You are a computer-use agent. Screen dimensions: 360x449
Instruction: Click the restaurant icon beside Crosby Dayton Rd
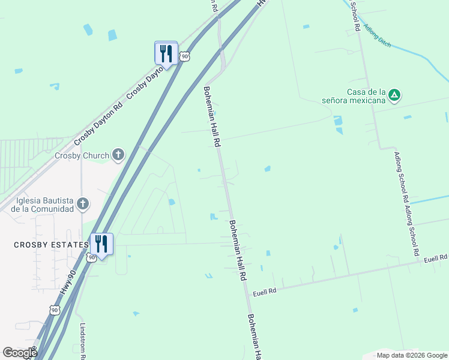(166, 53)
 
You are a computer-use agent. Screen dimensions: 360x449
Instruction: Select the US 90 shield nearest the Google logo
(55, 310)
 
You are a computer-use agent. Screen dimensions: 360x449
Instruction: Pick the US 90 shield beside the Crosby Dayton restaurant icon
(185, 56)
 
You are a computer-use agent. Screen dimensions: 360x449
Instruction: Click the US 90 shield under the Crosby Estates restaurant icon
(91, 257)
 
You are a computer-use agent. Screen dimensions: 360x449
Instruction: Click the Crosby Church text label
(82, 155)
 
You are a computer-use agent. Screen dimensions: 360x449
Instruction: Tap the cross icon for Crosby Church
(118, 155)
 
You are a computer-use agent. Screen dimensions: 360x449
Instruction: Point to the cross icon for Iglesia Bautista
(83, 205)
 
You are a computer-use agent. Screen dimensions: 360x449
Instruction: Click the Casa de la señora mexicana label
(365, 96)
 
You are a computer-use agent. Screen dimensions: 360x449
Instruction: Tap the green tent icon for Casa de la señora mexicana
(394, 94)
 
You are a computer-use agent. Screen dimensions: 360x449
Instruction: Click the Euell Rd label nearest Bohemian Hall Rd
(264, 292)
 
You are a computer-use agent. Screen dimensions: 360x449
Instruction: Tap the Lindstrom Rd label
(83, 341)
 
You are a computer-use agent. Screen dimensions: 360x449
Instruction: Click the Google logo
(20, 353)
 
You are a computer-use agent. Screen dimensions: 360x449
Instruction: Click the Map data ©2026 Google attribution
(412, 355)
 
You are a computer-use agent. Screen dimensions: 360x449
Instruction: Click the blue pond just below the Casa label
(338, 122)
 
